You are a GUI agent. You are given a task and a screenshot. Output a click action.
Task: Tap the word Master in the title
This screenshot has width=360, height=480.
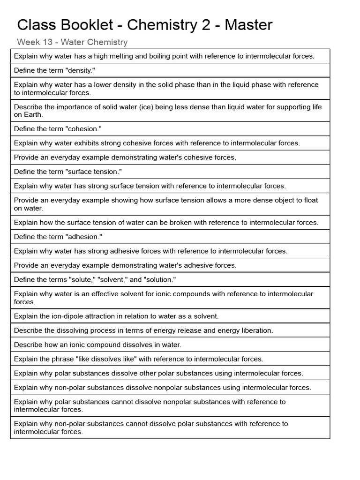pos(248,25)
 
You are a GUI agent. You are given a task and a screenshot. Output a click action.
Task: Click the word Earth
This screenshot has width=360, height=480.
pos(33,114)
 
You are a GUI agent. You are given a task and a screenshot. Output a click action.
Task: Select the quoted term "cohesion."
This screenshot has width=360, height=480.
pos(84,129)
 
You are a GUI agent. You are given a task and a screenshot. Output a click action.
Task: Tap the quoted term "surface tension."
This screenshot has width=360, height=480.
pos(94,172)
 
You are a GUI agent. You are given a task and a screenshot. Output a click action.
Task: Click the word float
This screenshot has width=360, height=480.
pos(310,200)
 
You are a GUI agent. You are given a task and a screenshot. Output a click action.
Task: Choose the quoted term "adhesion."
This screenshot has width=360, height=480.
pos(84,237)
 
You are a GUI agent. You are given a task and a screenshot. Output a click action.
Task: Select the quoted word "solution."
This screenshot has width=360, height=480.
pos(159,280)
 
